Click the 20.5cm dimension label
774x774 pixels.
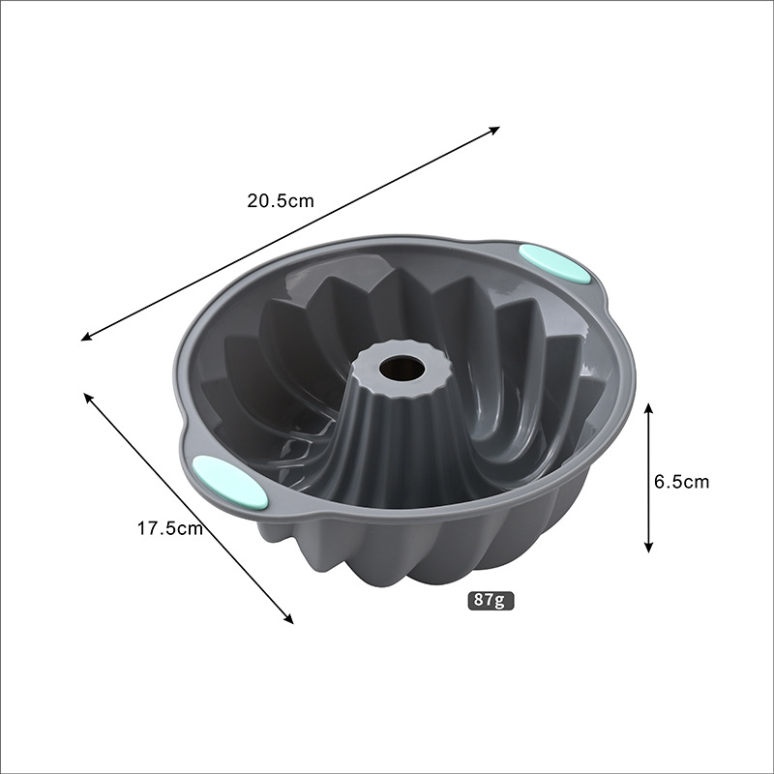point(281,201)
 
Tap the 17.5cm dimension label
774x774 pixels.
point(170,528)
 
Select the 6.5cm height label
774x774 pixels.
point(682,481)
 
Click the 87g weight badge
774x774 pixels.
point(491,600)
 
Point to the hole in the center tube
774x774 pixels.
point(402,368)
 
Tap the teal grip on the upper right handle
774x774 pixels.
point(554,263)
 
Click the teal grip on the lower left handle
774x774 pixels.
point(229,482)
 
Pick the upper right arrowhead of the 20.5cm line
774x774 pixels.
point(495,130)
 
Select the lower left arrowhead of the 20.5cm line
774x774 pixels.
point(86,337)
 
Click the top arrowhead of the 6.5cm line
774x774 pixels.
point(648,407)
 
